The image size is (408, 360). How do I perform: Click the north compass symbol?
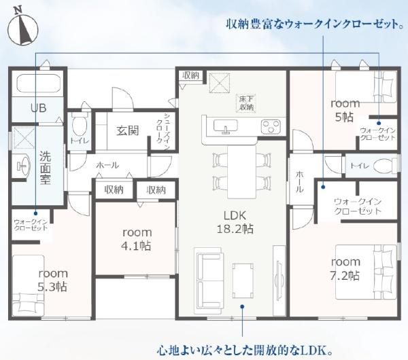pos(23,28)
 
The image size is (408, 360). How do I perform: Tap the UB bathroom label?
pos(39,108)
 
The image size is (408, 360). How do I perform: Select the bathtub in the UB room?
pos(39,84)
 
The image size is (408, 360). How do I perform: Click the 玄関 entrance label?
pos(128,130)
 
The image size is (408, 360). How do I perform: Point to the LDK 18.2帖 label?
pos(235,222)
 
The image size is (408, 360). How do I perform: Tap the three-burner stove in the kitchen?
pos(271,126)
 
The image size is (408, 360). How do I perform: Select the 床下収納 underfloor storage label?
pos(246,103)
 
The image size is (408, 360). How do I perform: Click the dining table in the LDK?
pos(242,172)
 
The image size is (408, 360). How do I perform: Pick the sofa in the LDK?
pos(209,281)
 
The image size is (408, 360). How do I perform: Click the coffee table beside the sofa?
pos(243,281)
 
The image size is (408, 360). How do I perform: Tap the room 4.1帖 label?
pos(137,239)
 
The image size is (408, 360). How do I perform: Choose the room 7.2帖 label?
pos(345,268)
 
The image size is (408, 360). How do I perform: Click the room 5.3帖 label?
pos(53,280)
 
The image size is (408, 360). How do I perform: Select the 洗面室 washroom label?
pos(46,168)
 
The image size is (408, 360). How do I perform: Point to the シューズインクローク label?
pos(163,130)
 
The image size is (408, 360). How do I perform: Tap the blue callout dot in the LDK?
pos(242,307)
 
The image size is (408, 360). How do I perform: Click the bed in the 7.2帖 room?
pos(366,272)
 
